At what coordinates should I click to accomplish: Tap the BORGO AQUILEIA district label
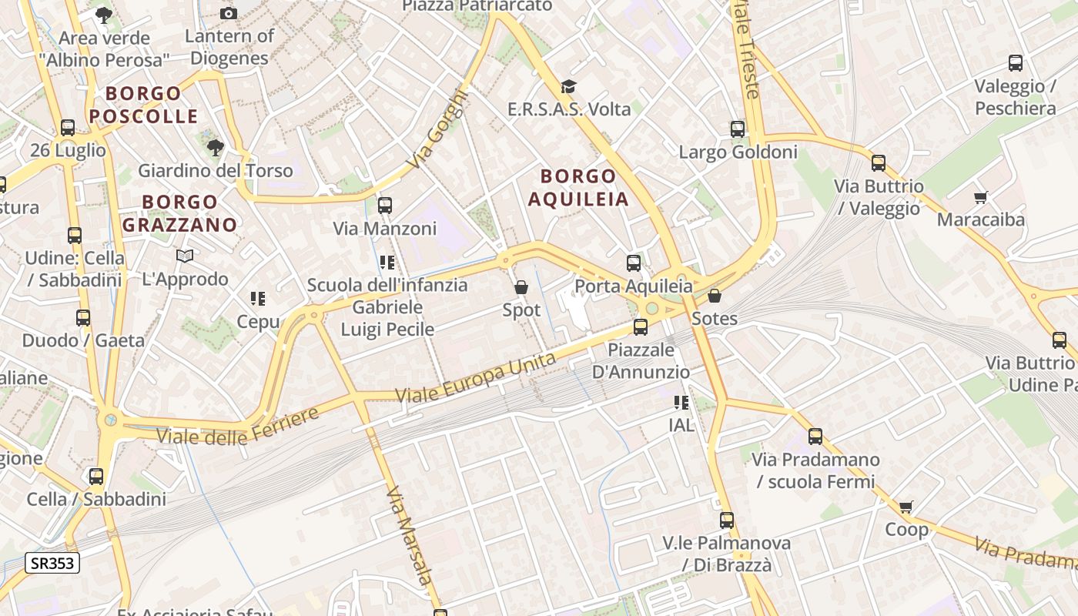[578, 188]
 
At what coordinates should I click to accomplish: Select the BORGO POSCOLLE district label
[143, 105]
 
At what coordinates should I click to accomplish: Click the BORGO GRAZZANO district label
[180, 213]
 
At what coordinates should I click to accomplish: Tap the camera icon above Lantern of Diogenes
[229, 13]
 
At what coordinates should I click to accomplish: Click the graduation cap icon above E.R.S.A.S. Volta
[568, 86]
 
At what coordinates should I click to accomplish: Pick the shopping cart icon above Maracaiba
[980, 198]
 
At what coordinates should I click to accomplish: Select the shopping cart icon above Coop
[906, 507]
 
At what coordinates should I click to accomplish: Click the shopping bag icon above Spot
[521, 288]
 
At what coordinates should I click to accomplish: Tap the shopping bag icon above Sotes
[715, 296]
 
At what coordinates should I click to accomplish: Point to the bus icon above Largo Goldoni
[738, 129]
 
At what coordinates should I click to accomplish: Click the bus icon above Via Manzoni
[385, 206]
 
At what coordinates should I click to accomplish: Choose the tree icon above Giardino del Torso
[216, 147]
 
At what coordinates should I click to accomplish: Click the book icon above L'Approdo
[185, 256]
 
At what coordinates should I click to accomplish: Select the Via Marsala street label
[408, 536]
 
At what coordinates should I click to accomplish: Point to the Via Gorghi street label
[438, 131]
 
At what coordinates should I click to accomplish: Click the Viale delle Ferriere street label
[238, 427]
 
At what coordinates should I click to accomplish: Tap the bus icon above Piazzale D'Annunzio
[641, 327]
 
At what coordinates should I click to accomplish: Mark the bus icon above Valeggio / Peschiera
[1016, 63]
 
